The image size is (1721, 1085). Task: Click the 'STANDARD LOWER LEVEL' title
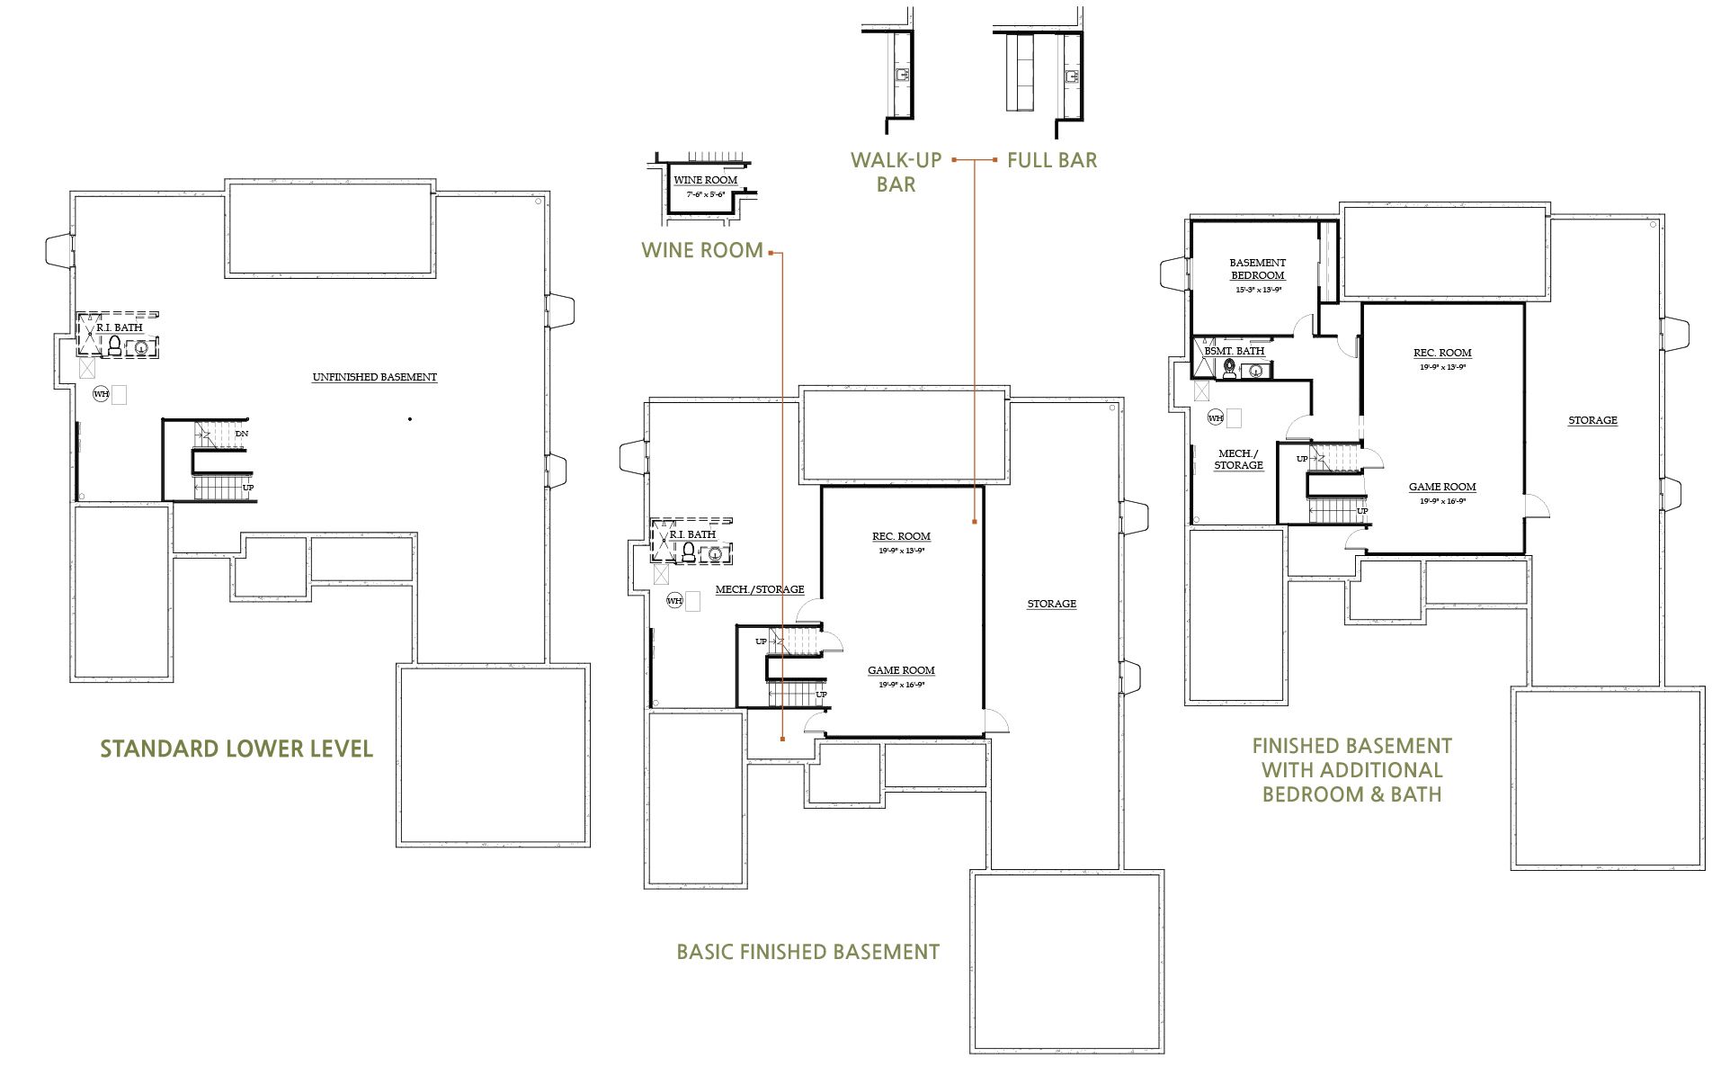[236, 749]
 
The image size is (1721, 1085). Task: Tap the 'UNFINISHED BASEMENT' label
[374, 377]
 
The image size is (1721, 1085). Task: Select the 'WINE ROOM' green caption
[701, 250]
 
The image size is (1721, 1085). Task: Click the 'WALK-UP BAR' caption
[896, 172]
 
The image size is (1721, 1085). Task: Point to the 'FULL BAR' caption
[1051, 160]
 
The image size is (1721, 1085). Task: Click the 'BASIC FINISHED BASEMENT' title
[807, 952]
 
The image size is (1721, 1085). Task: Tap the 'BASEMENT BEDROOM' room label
[1257, 269]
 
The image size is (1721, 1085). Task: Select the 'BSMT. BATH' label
[1234, 351]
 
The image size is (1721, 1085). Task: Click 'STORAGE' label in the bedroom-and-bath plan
[1592, 420]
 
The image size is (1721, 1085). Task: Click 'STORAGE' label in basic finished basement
[1051, 604]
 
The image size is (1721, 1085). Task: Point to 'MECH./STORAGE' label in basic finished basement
[759, 589]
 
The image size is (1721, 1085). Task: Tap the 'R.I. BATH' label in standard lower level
[120, 327]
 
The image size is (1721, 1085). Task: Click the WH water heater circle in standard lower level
[102, 394]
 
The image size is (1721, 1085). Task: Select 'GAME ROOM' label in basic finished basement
[901, 670]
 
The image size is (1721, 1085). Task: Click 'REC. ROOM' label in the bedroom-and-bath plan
[1442, 353]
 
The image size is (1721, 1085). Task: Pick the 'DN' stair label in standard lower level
[241, 434]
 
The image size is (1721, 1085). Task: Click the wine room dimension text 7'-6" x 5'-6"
[705, 193]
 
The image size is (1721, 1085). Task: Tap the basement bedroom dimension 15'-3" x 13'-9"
[1257, 290]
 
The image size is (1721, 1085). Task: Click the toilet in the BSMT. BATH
[1229, 369]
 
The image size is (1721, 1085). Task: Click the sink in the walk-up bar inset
[902, 74]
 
